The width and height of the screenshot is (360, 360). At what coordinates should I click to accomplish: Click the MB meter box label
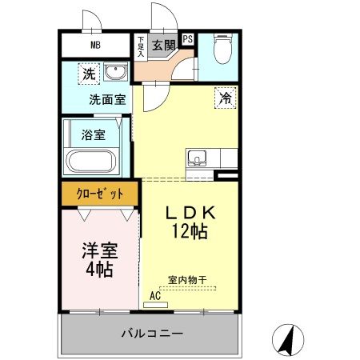click(95, 45)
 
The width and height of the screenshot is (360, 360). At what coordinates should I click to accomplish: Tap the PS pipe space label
click(188, 38)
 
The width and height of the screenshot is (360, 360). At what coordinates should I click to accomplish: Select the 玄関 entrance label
click(163, 45)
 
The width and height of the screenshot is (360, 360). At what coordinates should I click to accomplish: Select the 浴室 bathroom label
click(93, 134)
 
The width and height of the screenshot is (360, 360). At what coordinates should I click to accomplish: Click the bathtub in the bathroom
click(90, 162)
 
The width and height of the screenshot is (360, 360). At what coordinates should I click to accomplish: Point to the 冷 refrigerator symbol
click(226, 99)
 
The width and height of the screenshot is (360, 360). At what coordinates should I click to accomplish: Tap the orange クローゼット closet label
click(100, 194)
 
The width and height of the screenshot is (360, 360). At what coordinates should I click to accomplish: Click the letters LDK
click(191, 214)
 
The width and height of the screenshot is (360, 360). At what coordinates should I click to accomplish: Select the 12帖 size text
click(190, 232)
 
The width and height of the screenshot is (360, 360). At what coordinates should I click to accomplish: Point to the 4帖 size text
click(99, 270)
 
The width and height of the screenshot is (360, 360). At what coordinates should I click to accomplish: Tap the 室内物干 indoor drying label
click(187, 279)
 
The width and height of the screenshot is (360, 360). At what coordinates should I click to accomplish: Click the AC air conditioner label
click(156, 295)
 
